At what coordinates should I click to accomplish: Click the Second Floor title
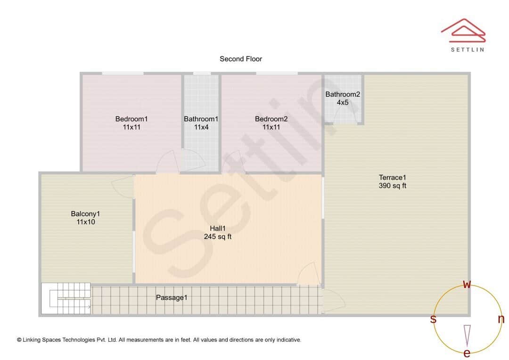[x=240, y=59]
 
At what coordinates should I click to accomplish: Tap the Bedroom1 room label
[x=131, y=123]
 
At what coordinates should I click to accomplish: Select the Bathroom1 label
[x=201, y=123]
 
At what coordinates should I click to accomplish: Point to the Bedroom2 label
[x=271, y=123]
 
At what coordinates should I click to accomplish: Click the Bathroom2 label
[x=343, y=98]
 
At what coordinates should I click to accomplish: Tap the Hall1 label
[x=217, y=232]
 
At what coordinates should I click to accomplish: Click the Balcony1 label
[x=85, y=218]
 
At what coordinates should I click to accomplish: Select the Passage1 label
[x=172, y=297]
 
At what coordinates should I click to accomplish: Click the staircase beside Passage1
[x=66, y=299]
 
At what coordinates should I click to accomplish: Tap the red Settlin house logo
[x=463, y=31]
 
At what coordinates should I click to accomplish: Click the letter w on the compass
[x=467, y=284]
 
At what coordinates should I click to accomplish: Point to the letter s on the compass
[x=433, y=319]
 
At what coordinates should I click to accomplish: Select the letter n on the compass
[x=501, y=319]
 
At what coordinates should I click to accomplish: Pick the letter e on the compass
[x=467, y=353]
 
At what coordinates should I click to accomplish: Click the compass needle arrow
[x=467, y=335]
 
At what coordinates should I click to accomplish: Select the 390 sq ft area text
[x=393, y=186]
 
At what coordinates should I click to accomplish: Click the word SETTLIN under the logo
[x=468, y=49]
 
